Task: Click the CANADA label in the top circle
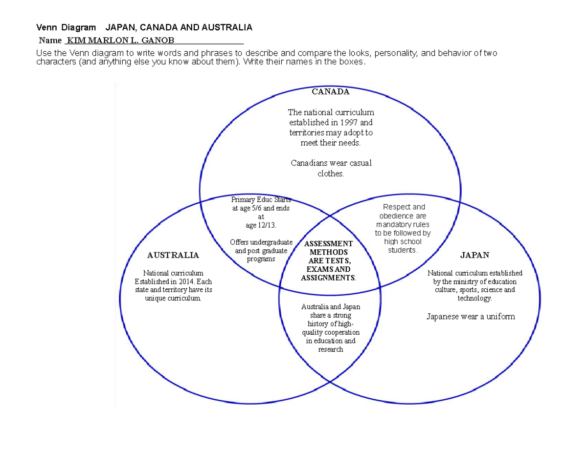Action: coord(331,91)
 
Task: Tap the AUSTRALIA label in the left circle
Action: coord(173,255)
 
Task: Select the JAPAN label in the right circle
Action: coord(474,255)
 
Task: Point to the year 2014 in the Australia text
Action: coord(182,281)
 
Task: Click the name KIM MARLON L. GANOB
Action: coord(120,40)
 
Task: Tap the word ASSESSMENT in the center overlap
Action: coord(328,243)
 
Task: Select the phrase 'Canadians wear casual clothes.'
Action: coord(331,168)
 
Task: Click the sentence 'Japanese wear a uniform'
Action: coord(471,316)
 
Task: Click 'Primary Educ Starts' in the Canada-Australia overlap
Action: coord(261,199)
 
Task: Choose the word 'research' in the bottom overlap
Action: coord(331,349)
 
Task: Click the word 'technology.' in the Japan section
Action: coord(474,298)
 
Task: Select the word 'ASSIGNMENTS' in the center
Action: coord(328,278)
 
